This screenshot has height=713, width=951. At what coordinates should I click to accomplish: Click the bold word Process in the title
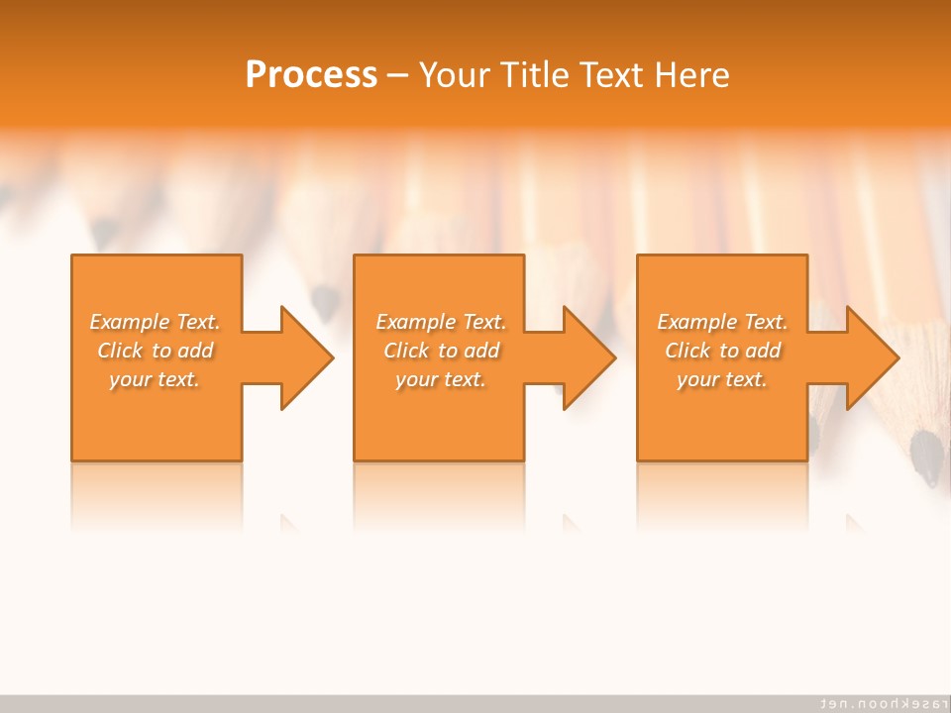(311, 75)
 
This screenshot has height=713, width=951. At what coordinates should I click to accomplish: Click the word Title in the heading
(533, 75)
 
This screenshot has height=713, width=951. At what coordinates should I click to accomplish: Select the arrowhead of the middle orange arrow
(587, 357)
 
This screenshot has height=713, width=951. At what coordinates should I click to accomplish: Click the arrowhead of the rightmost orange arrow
(871, 357)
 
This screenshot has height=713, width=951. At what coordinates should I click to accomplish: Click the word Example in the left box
(130, 322)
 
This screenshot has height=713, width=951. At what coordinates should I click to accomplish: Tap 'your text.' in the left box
(156, 379)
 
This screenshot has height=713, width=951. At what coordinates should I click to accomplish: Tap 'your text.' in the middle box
(441, 379)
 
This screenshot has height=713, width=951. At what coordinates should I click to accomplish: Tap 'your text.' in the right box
(722, 379)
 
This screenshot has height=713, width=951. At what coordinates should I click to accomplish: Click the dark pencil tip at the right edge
(927, 458)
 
